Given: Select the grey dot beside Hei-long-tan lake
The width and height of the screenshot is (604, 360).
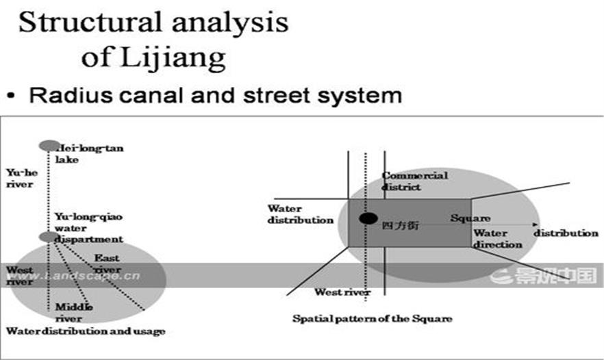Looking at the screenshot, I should pyautogui.click(x=49, y=145).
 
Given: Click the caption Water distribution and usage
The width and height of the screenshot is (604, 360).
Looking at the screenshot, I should pyautogui.click(x=86, y=331).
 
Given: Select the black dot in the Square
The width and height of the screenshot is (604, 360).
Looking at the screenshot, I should pyautogui.click(x=368, y=218).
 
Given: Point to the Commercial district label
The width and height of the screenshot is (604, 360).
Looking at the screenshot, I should pyautogui.click(x=414, y=181).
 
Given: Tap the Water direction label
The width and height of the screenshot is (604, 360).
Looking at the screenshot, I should pyautogui.click(x=498, y=238).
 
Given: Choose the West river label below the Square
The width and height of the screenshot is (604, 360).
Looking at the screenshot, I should pyautogui.click(x=342, y=292).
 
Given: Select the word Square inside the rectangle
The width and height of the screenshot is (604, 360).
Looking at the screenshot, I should pyautogui.click(x=468, y=218).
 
